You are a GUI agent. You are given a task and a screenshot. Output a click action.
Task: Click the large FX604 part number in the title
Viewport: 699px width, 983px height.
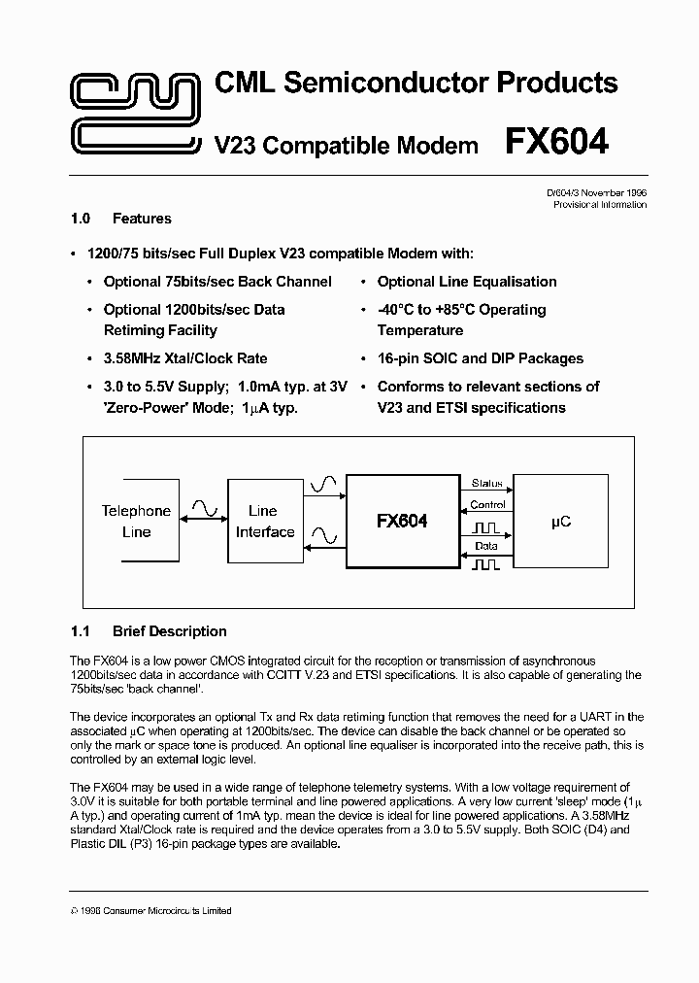556,143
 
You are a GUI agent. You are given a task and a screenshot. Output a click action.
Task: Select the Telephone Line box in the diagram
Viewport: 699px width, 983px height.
137,522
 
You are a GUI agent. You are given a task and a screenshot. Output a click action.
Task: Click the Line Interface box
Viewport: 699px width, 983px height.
264,522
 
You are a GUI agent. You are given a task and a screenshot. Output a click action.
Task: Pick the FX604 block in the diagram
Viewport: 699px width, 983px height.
402,522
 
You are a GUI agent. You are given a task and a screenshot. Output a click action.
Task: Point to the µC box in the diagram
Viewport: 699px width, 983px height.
561,522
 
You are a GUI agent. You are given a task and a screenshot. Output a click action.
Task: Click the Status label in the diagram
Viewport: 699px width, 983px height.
486,483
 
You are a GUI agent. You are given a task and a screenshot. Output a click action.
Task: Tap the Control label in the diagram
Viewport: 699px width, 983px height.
486,505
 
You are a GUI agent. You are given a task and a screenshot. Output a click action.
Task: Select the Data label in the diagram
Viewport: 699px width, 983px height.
486,546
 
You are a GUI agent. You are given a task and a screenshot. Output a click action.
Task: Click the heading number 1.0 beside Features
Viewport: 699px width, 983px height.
82,219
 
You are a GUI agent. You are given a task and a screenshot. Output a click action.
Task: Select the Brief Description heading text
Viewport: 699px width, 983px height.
170,631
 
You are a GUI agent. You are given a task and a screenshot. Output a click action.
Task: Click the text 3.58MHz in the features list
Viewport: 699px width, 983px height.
134,358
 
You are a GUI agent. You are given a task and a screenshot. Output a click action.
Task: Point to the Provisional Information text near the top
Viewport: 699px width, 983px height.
599,205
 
